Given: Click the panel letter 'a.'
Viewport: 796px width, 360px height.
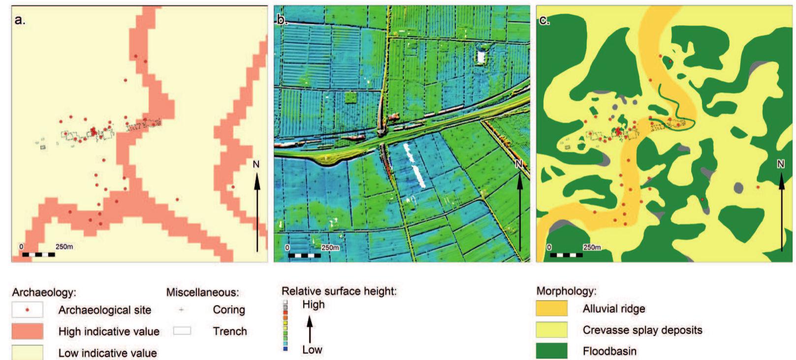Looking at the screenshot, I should [x=20, y=20].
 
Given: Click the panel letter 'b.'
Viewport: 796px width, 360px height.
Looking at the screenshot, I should [x=282, y=20].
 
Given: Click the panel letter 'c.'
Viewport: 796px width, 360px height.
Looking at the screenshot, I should [x=544, y=20].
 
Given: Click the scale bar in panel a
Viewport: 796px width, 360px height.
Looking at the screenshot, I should [x=38, y=255].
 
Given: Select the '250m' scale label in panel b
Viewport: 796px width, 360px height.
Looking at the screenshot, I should [x=330, y=248].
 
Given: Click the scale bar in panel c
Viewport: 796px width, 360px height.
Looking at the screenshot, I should [x=566, y=255].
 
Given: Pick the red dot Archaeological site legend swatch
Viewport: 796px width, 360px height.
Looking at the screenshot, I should [x=28, y=310].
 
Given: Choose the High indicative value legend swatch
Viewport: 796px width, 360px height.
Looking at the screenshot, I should [x=28, y=331].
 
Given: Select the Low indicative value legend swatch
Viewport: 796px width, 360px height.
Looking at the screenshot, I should [x=28, y=352].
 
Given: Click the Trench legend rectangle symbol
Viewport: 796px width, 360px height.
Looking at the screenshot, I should [x=182, y=331].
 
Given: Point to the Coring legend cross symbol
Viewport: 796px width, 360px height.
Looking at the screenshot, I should [x=182, y=310].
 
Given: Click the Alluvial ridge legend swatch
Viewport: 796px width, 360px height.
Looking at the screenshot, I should [x=551, y=309].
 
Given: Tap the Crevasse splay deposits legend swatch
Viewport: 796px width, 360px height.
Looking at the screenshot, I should [x=551, y=330].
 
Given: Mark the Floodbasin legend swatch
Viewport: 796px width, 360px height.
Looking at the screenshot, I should [x=551, y=351].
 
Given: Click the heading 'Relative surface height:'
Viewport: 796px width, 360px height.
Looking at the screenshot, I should [x=339, y=291].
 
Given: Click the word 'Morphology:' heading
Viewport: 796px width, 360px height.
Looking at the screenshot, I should [x=566, y=291].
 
